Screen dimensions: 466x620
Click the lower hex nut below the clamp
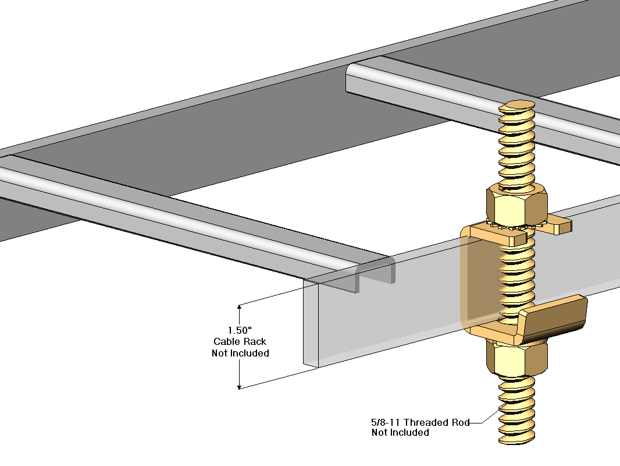pos(515,356)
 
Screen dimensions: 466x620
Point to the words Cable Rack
pos(240,341)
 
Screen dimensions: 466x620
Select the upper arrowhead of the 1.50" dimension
pos(239,308)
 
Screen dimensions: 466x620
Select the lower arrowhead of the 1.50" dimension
pos(239,385)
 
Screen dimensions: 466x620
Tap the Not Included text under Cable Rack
pos(240,353)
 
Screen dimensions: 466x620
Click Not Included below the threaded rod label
pos(400,432)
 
